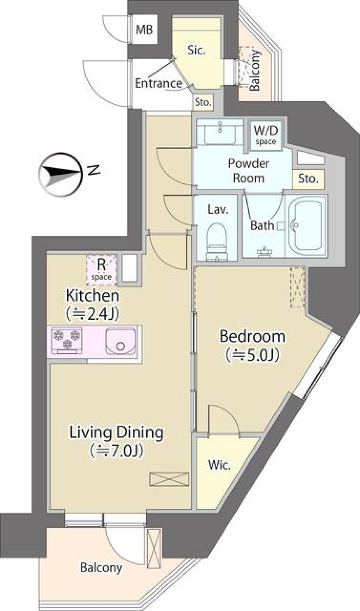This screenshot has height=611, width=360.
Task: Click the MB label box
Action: [x=144, y=29]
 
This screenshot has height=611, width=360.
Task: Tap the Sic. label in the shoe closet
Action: [x=196, y=50]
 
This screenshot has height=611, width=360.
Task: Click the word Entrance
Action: [x=158, y=83]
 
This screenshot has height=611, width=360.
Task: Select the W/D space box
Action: [x=265, y=135]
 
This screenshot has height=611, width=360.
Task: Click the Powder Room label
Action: [x=248, y=171]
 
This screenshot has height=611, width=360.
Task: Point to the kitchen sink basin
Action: [x=120, y=341]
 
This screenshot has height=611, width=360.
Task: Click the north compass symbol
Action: [x=61, y=174]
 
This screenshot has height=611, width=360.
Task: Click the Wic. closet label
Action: [x=219, y=465]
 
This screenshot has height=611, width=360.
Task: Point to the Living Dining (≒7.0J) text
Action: [x=116, y=440]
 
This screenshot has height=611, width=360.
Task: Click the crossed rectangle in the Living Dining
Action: [x=169, y=479]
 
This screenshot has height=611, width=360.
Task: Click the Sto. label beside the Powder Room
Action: [x=308, y=179]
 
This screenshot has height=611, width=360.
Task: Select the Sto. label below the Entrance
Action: [x=203, y=102]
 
